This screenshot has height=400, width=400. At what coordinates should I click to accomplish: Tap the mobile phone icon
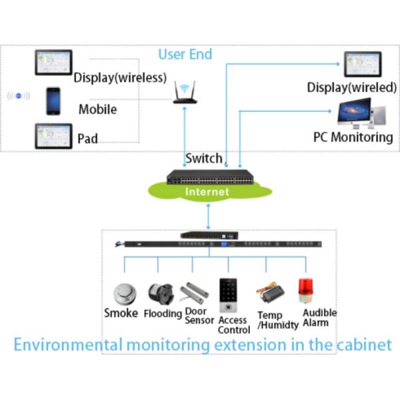53,101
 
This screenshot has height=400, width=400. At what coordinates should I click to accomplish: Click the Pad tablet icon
53,136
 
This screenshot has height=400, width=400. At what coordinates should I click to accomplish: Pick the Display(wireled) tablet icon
363,65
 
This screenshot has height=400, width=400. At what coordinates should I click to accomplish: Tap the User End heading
185,53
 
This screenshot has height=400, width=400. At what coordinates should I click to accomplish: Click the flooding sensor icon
160,293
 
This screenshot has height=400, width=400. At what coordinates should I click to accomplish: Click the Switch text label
204,159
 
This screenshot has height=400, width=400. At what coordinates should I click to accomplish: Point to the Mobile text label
97,109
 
